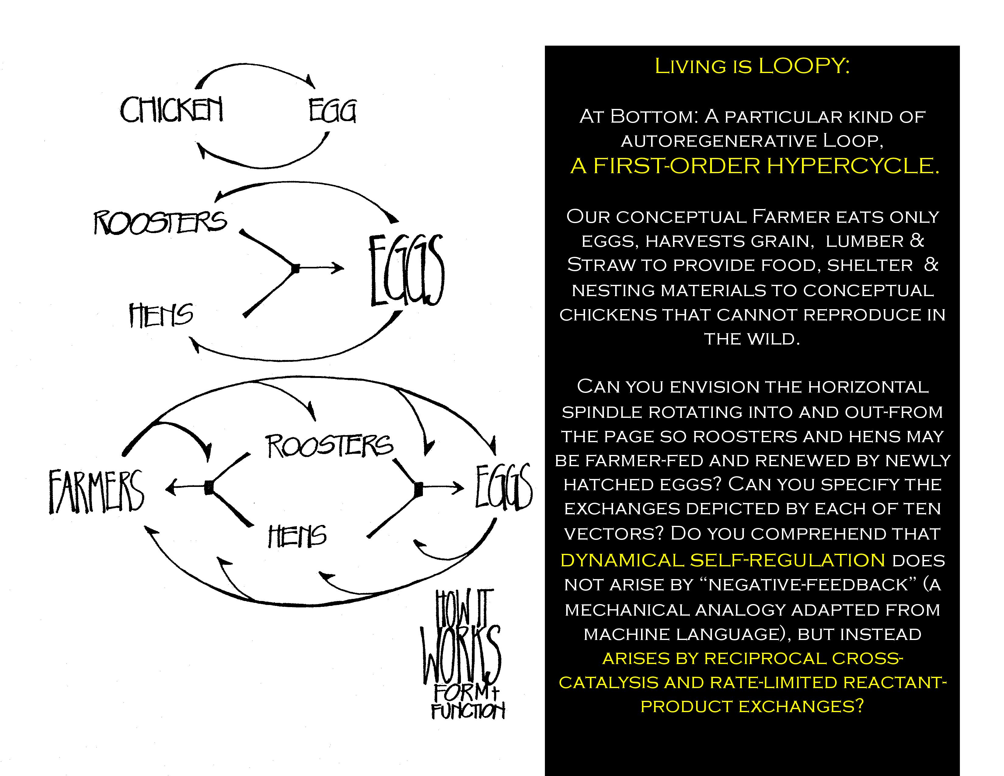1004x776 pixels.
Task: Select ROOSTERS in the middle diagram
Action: click(x=160, y=222)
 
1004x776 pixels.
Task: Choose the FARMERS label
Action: click(x=96, y=491)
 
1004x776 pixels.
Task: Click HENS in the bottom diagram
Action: click(x=297, y=536)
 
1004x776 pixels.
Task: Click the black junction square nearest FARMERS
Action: click(x=209, y=487)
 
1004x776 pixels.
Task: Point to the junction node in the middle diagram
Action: click(x=296, y=268)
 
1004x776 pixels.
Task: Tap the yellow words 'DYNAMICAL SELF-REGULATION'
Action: click(x=723, y=560)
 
